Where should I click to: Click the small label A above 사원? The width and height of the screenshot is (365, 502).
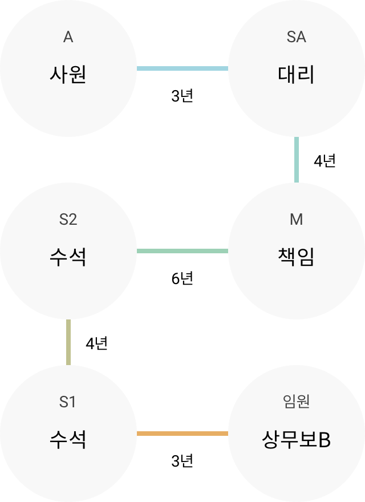pyautogui.click(x=68, y=38)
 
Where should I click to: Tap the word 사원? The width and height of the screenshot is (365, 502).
pyautogui.click(x=68, y=75)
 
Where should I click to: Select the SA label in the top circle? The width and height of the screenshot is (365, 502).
pyautogui.click(x=296, y=38)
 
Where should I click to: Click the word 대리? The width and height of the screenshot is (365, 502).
pyautogui.click(x=296, y=75)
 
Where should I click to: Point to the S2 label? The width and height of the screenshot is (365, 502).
pyautogui.click(x=68, y=220)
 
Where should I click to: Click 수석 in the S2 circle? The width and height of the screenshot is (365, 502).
pyautogui.click(x=68, y=257)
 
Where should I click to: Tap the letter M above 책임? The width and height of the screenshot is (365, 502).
pyautogui.click(x=296, y=220)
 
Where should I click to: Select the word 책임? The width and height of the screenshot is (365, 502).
pyautogui.click(x=296, y=257)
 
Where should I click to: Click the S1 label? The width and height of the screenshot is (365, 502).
pyautogui.click(x=67, y=402)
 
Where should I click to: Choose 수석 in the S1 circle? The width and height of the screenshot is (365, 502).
pyautogui.click(x=68, y=440)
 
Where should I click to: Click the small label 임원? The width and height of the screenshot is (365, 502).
pyautogui.click(x=296, y=402)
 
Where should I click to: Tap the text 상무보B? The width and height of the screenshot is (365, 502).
pyautogui.click(x=296, y=440)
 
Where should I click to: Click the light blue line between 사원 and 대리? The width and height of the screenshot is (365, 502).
pyautogui.click(x=182, y=68)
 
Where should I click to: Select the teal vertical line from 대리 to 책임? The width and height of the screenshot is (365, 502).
pyautogui.click(x=297, y=160)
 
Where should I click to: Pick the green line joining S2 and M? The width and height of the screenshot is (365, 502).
pyautogui.click(x=182, y=251)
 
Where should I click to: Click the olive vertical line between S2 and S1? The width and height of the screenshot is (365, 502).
pyautogui.click(x=68, y=342)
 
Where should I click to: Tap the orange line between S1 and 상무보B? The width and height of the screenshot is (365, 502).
pyautogui.click(x=182, y=434)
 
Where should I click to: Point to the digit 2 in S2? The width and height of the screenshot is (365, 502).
pyautogui.click(x=72, y=220)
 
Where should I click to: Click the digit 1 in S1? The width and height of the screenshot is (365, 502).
pyautogui.click(x=72, y=402)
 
